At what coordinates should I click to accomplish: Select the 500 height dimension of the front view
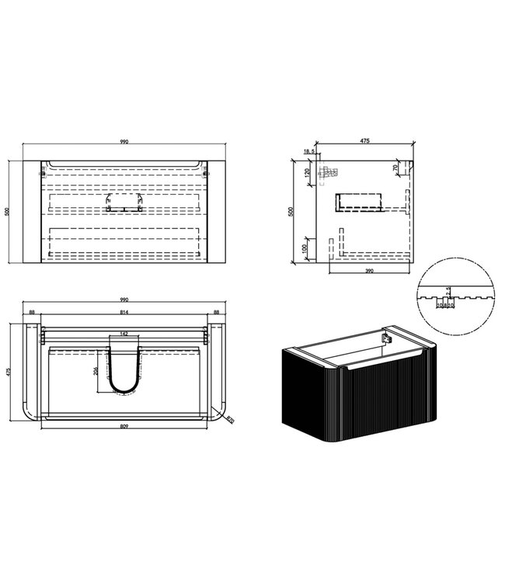pos(6,213)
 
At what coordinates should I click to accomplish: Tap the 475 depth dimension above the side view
pos(364,141)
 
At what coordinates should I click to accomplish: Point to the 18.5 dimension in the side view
pos(308,152)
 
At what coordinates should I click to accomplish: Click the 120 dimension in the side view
pos(308,172)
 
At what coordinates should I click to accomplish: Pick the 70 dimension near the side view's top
pos(395,168)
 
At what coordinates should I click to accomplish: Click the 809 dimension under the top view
pos(124,427)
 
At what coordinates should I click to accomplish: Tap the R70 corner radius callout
pos(232,421)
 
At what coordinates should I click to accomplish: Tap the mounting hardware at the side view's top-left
pos(329,170)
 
